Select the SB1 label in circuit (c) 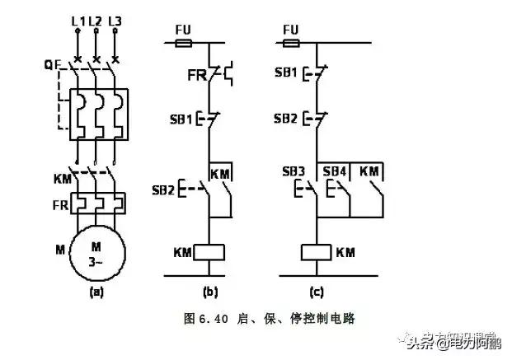tap(284, 75)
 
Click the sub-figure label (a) tap(96, 291)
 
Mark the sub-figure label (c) tap(316, 292)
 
